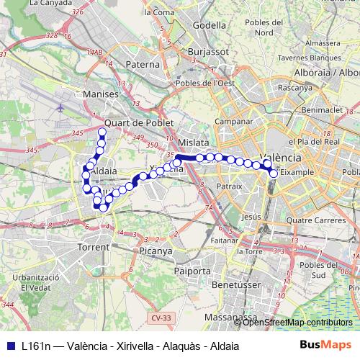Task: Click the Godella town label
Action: [x=210, y=24]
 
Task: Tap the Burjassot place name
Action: [x=207, y=53]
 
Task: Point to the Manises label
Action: [x=100, y=94]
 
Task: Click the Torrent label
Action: [x=94, y=247]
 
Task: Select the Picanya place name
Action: [x=156, y=251]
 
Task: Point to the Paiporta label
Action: [x=192, y=271]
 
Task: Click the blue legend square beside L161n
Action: [x=9, y=345]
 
